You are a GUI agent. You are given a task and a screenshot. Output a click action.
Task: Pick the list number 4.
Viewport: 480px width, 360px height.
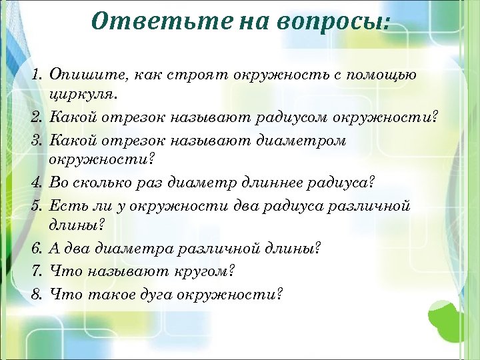click(36, 182)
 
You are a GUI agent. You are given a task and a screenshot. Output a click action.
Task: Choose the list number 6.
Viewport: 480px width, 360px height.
click(36, 249)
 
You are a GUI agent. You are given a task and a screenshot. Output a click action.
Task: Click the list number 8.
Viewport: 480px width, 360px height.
click(36, 293)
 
